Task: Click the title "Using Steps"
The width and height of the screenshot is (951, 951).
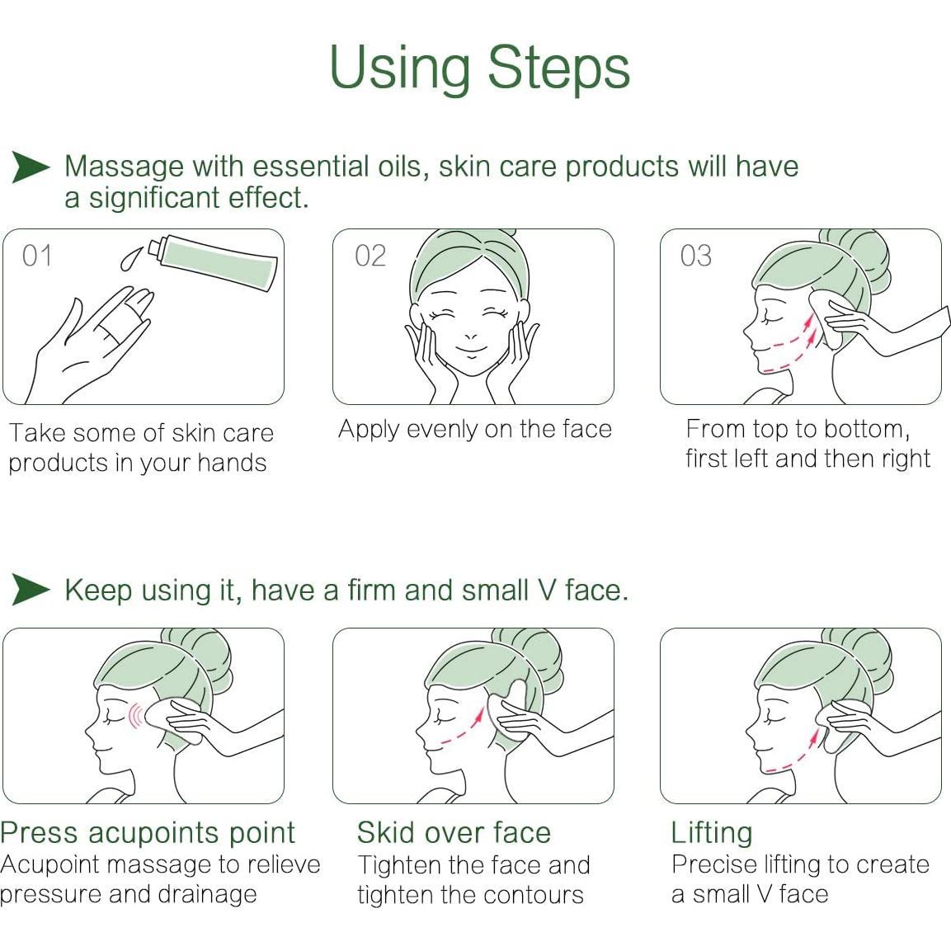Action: [479, 68]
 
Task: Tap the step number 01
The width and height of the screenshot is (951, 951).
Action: [37, 256]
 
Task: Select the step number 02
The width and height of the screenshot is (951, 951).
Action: [370, 256]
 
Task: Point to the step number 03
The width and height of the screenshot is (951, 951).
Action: [695, 256]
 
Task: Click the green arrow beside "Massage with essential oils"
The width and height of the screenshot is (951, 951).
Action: [31, 167]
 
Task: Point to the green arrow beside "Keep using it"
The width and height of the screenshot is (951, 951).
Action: [31, 591]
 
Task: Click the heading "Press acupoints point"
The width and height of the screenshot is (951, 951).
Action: [148, 832]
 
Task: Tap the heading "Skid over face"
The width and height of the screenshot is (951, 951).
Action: [454, 832]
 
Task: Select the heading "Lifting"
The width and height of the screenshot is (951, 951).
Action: [711, 832]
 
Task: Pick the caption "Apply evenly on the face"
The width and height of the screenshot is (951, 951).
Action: [474, 429]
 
